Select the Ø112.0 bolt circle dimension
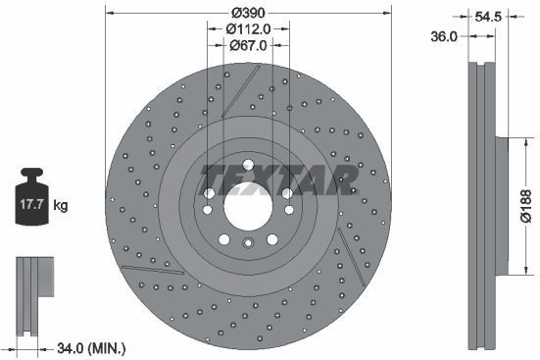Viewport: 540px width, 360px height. coord(249,30)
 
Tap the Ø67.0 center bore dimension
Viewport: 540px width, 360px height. coord(249,45)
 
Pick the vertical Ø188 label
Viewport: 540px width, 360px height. coord(525,206)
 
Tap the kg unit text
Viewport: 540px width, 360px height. coord(61,205)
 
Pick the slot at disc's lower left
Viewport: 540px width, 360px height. coord(152,267)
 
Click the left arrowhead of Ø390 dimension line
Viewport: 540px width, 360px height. coord(108,15)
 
